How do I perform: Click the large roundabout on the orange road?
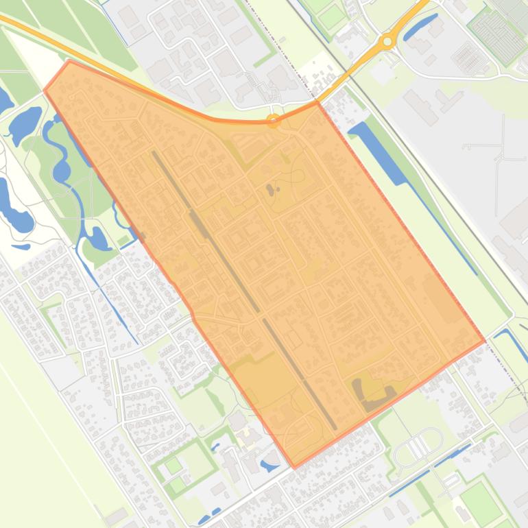click(x=387, y=42)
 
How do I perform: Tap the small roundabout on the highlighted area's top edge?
click(x=273, y=121)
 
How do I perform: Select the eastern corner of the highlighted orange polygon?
click(x=484, y=340)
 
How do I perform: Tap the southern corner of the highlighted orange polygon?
click(x=295, y=467)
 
